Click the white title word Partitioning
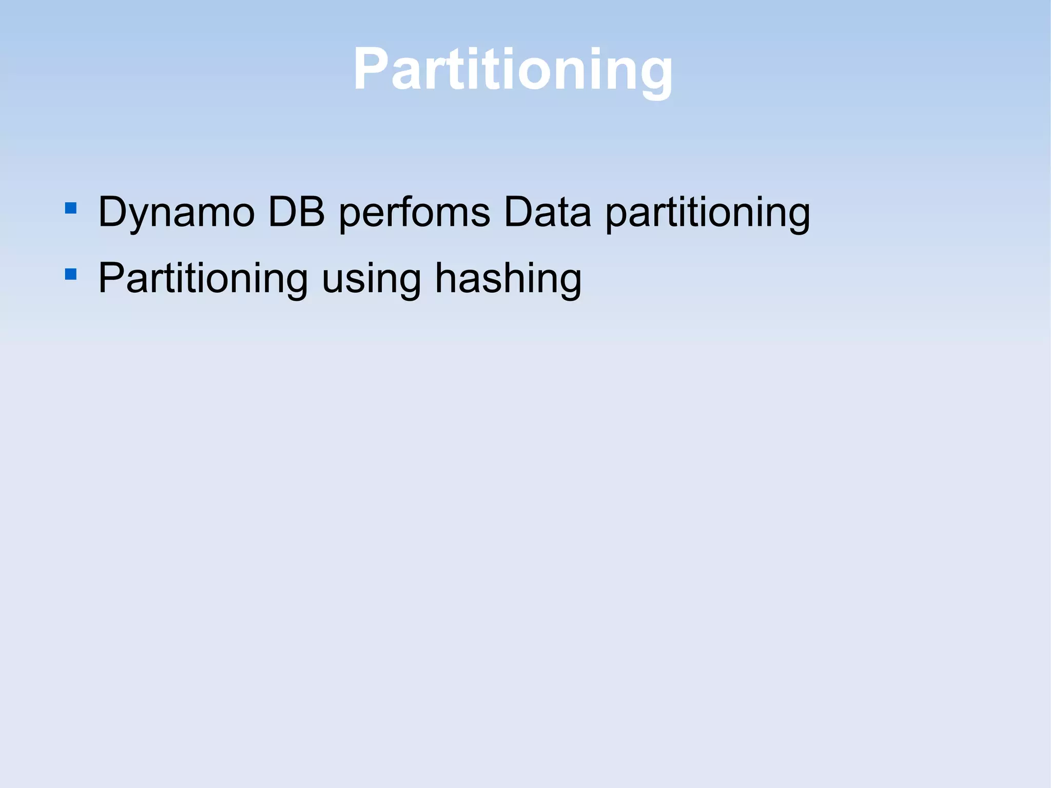[513, 69]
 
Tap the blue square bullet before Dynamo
[71, 208]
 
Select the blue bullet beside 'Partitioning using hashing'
[71, 274]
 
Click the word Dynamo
[176, 212]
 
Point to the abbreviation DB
[297, 212]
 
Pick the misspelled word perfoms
[414, 212]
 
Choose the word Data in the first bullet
[548, 212]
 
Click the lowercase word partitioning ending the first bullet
[708, 213]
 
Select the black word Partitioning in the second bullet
[203, 278]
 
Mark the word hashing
[508, 278]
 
